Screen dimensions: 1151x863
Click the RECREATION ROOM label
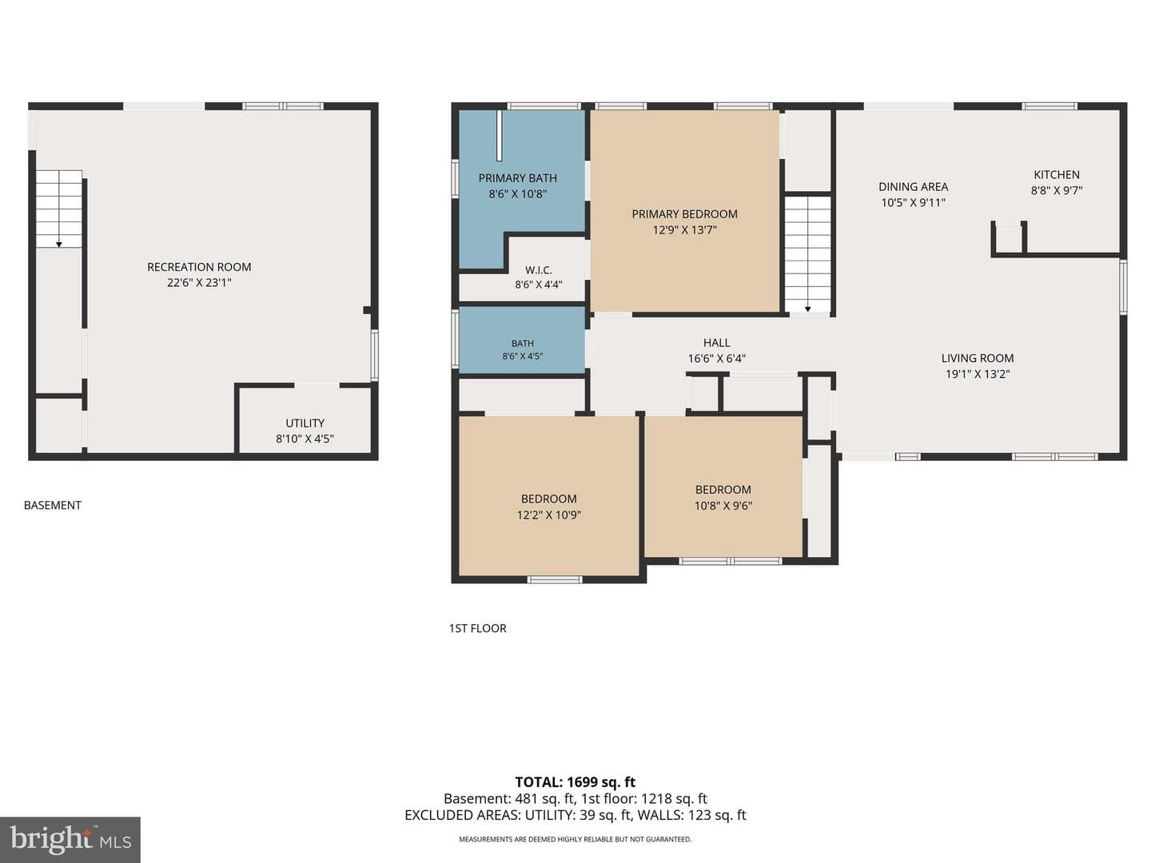point(199,267)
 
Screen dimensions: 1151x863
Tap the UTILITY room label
point(305,423)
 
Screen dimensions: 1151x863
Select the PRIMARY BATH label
point(518,178)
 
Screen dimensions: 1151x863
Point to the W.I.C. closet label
point(539,270)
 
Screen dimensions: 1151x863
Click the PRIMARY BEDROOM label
point(684,214)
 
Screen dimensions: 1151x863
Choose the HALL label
point(716,343)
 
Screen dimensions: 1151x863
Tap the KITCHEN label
point(1057,174)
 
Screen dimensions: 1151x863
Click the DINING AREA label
point(913,186)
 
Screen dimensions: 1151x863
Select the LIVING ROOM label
point(978,358)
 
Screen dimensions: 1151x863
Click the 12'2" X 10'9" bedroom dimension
point(549,515)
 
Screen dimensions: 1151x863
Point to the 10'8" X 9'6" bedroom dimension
point(723,506)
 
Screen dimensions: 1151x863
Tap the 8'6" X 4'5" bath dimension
point(522,356)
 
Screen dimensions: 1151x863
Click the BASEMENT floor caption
point(53,505)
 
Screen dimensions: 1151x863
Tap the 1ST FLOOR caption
point(477,628)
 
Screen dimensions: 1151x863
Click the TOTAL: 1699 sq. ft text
point(575,782)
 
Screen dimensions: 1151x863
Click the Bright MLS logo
point(70,839)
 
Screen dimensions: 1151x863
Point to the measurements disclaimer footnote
point(575,839)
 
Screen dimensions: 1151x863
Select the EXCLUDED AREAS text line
point(575,815)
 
